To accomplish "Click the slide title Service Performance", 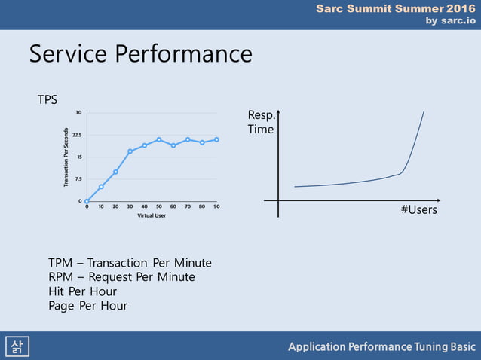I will click(x=140, y=54).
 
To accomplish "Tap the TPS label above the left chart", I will click(x=47, y=99).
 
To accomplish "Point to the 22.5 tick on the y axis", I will click(x=78, y=135).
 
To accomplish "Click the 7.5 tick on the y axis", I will click(x=78, y=179).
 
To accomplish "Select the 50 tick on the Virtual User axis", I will click(x=158, y=206).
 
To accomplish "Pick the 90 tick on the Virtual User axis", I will click(x=216, y=206).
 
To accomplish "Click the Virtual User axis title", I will click(x=152, y=215).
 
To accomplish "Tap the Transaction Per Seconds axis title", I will click(x=66, y=157).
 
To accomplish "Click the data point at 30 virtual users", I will click(x=130, y=151).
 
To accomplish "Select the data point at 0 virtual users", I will click(x=87, y=201).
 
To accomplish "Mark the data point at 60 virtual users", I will click(x=173, y=145).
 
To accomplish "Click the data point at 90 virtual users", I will click(x=216, y=139).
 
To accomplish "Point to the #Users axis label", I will click(x=418, y=210).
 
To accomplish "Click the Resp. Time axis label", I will click(x=260, y=122).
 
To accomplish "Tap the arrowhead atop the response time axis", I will click(x=278, y=112).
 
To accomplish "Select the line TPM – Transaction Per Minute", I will click(x=130, y=263).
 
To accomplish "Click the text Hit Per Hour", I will click(x=82, y=291).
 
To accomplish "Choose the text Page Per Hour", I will click(x=87, y=306).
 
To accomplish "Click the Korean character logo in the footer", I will click(x=15, y=346).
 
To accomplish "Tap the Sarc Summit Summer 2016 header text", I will click(x=395, y=8).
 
